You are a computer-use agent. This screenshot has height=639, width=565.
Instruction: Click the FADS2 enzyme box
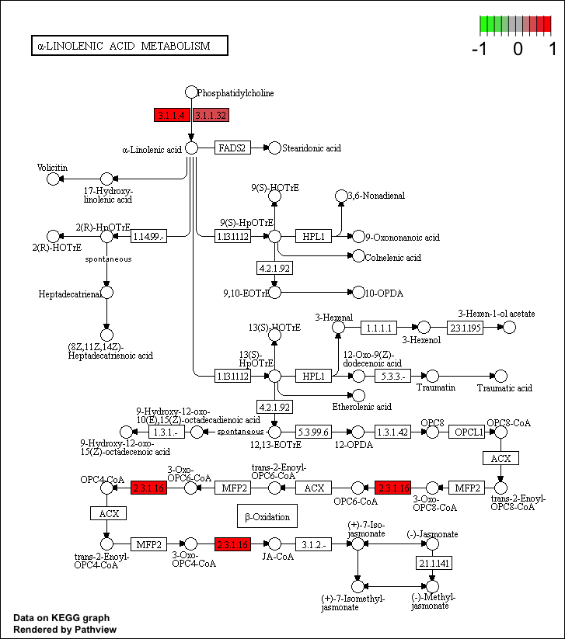click(x=232, y=148)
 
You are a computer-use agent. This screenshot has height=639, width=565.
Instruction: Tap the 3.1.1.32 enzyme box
click(x=211, y=115)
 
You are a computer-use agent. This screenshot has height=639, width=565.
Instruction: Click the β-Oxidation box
click(x=267, y=516)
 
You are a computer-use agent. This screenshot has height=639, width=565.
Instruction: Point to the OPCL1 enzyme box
click(x=469, y=431)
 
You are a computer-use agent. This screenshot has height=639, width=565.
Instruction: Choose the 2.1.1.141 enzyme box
click(x=434, y=562)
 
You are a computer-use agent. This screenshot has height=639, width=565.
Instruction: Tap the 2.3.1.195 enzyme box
click(x=465, y=327)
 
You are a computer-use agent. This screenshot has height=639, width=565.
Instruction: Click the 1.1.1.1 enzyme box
click(x=382, y=327)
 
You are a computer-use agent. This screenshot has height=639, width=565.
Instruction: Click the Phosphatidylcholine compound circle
click(x=191, y=92)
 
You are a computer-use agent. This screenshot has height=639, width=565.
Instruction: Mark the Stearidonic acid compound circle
click(x=274, y=148)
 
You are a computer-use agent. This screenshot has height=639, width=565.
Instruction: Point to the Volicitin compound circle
click(x=54, y=179)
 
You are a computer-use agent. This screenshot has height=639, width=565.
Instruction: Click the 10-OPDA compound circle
click(x=358, y=292)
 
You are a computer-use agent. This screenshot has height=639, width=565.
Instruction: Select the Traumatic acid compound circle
click(x=500, y=376)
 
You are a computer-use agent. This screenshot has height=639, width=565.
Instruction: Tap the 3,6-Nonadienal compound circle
click(x=340, y=196)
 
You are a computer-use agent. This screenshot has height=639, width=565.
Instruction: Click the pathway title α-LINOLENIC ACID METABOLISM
click(x=129, y=46)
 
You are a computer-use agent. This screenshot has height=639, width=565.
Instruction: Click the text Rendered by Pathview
click(x=65, y=629)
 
